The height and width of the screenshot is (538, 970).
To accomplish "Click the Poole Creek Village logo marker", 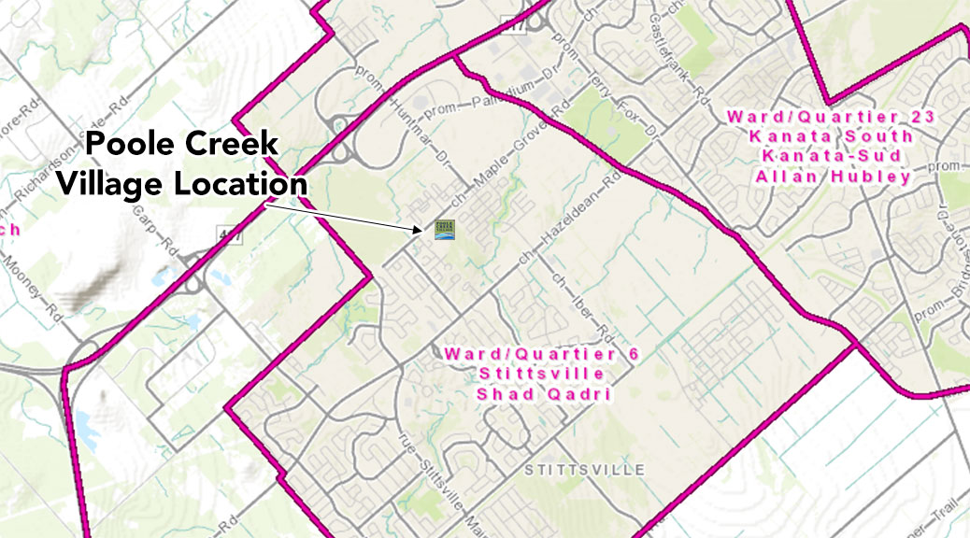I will [x=444, y=227].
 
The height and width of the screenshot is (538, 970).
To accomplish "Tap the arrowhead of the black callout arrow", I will [x=421, y=228].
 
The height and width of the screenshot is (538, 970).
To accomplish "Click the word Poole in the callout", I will [x=130, y=146].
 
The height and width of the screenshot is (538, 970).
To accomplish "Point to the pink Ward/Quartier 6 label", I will [x=530, y=355].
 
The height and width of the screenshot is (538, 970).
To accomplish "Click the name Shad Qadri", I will [x=530, y=394].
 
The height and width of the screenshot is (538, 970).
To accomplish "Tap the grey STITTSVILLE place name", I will [x=584, y=469].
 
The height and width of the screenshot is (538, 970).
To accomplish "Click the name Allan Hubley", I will [x=818, y=177].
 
